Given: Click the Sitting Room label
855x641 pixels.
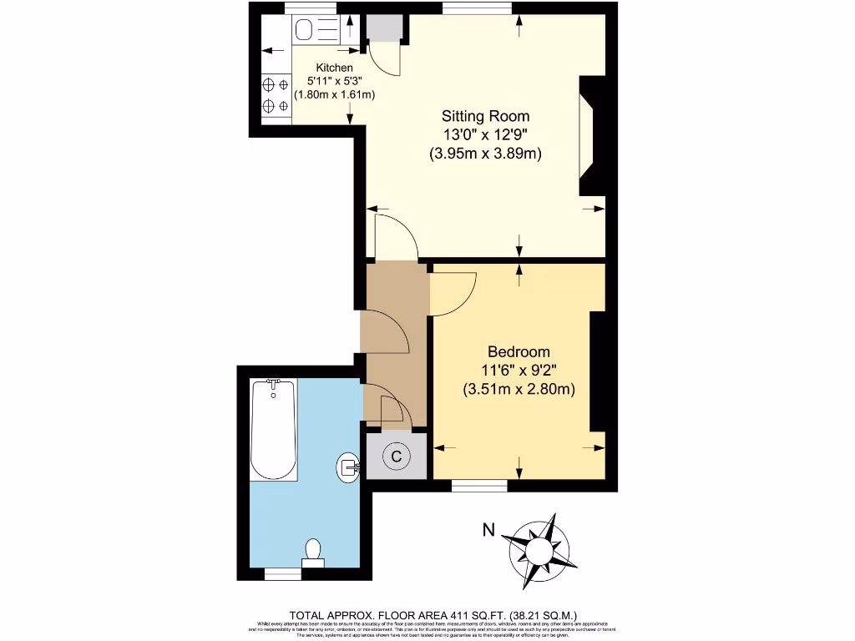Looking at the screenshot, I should [x=485, y=116].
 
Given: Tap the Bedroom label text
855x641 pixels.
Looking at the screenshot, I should [x=519, y=351].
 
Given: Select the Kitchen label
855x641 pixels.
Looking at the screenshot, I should [x=334, y=68].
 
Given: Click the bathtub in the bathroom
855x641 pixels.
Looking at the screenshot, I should [x=273, y=429].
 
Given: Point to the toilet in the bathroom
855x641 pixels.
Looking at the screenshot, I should [x=313, y=553].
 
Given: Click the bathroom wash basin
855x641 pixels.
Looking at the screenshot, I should [x=347, y=467].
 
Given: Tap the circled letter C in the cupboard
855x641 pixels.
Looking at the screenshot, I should [x=397, y=456].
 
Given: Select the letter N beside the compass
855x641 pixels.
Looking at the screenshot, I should [x=489, y=529].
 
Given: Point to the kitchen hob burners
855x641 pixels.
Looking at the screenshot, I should [x=276, y=95].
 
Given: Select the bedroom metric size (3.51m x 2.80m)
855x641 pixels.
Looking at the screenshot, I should [x=519, y=389].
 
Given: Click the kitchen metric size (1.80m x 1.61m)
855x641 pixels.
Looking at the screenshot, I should [x=334, y=94].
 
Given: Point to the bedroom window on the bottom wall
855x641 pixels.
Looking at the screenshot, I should [x=479, y=484].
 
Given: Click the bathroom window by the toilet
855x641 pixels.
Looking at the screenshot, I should [x=282, y=573].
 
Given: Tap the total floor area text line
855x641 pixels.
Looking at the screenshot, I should [x=433, y=613].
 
